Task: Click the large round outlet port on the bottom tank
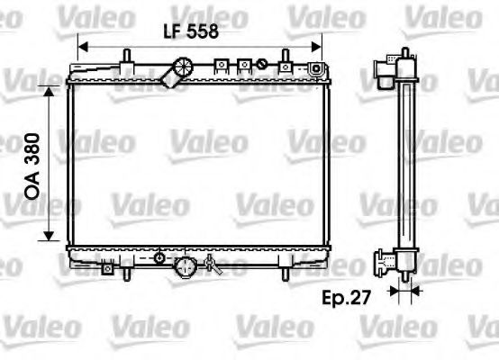pos(186,265)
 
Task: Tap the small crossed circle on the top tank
pos(262,64)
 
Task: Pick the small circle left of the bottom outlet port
pos(159,258)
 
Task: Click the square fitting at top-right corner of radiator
pos(316,68)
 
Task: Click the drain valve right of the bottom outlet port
pos(213,264)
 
